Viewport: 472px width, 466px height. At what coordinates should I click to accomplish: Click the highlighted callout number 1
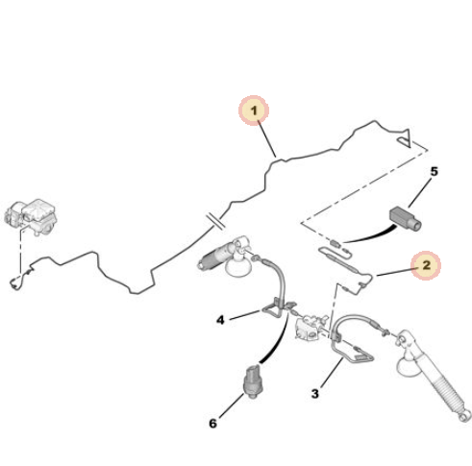[254, 110]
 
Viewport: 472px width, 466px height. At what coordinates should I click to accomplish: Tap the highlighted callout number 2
[426, 265]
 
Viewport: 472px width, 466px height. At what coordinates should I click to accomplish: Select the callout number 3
[315, 393]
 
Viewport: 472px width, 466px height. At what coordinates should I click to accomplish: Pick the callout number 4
[220, 320]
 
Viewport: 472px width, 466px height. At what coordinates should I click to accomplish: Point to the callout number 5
[434, 172]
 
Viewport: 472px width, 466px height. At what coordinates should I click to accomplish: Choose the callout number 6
[213, 424]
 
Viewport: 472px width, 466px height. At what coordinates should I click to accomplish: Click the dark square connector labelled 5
[405, 219]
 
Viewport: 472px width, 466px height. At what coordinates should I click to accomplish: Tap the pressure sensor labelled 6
[254, 381]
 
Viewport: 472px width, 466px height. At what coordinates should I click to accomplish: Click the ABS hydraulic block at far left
[31, 216]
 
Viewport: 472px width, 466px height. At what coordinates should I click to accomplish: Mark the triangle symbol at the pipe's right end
[406, 138]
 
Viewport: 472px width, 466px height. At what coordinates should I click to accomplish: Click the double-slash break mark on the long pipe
[216, 221]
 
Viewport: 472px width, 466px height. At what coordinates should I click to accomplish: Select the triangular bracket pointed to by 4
[272, 308]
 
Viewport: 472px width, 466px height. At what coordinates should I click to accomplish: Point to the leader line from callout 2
[395, 272]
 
